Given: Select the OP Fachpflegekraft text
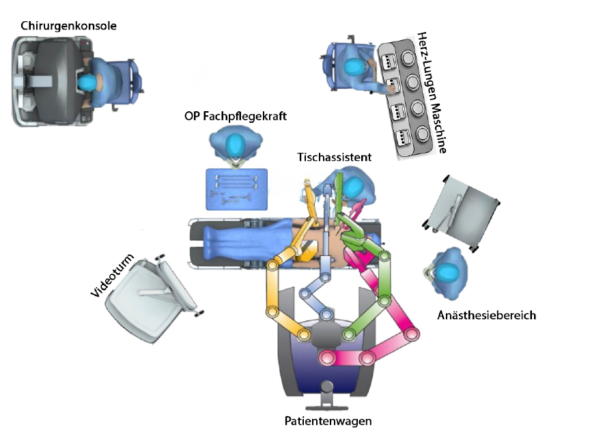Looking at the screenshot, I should [236, 117].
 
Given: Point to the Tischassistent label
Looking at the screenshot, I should [334, 157].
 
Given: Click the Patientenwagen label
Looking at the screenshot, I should [328, 421].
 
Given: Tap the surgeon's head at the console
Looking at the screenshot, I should [88, 81].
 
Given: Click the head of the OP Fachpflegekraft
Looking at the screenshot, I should [236, 145].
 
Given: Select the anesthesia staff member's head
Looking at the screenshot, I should [448, 273].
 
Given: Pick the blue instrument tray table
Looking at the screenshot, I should [236, 188].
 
